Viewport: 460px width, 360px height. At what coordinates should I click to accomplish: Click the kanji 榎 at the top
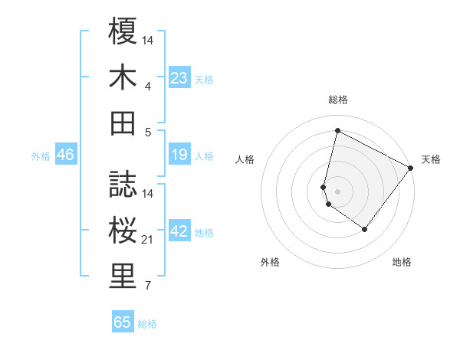123,33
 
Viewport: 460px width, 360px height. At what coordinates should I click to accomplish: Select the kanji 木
123,77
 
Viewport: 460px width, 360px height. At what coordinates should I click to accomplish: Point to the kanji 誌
123,185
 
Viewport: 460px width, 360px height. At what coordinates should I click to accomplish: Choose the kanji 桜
123,230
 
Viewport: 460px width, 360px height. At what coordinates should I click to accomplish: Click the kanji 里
123,277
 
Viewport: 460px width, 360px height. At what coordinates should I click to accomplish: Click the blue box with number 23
179,78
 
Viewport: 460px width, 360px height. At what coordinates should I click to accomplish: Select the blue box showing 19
179,155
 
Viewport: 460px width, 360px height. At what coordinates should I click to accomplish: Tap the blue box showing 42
179,232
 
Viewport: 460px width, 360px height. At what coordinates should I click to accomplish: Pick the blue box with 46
66,155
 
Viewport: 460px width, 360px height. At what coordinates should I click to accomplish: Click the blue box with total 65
123,322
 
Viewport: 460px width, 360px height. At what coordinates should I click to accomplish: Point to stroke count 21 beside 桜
148,241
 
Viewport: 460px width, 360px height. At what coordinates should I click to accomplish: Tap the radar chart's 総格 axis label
337,100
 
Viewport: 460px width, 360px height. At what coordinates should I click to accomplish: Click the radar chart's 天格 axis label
431,159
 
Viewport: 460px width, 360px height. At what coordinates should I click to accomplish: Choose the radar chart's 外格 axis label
270,262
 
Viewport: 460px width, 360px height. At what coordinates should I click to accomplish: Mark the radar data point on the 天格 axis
411,168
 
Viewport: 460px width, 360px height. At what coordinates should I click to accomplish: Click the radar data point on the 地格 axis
365,229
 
